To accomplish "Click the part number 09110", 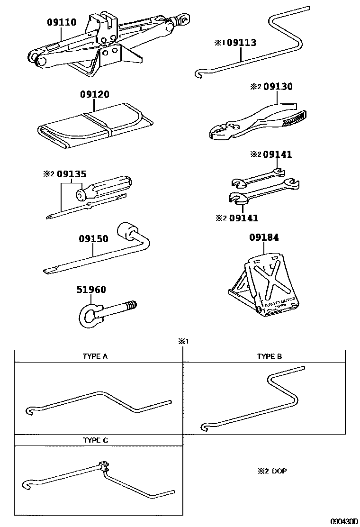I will coord(61,22).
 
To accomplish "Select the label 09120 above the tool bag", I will coord(95,94).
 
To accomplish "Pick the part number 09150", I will coord(94,239).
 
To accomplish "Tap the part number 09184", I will coord(264,237).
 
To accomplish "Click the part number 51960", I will coord(91,290).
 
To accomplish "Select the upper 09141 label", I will coord(278,154).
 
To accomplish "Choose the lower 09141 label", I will coord(243,218).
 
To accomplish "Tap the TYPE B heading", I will coord(270,356).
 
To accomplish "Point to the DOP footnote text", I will coord(279,471).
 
